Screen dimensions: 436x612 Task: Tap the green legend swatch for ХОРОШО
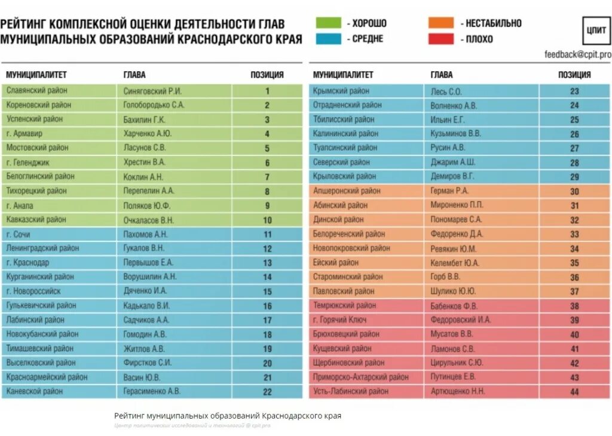tap(328, 23)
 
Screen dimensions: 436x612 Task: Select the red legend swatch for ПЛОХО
tap(440, 39)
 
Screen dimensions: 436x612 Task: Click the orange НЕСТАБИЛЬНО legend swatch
tap(440, 23)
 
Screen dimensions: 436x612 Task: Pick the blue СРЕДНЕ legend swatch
tap(328, 39)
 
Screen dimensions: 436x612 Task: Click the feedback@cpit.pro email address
tap(577, 54)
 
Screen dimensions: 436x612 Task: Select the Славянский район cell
tap(37, 91)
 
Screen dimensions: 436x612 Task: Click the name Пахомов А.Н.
tap(146, 234)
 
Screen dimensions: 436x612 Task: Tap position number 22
tap(267, 392)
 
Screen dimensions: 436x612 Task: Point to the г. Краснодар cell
tap(28, 263)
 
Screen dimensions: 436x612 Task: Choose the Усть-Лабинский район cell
tap(351, 391)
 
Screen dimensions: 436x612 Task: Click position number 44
tap(574, 392)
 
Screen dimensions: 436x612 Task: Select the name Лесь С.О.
tap(446, 91)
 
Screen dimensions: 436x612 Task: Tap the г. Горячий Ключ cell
tap(344, 320)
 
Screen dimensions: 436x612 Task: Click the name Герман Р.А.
tap(449, 191)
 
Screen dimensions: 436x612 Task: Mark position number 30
tap(574, 192)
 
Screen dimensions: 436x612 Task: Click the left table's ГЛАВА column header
tap(134, 75)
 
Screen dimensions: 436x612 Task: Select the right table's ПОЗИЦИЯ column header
tap(574, 75)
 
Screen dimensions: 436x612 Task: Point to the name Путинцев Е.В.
tap(453, 377)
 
